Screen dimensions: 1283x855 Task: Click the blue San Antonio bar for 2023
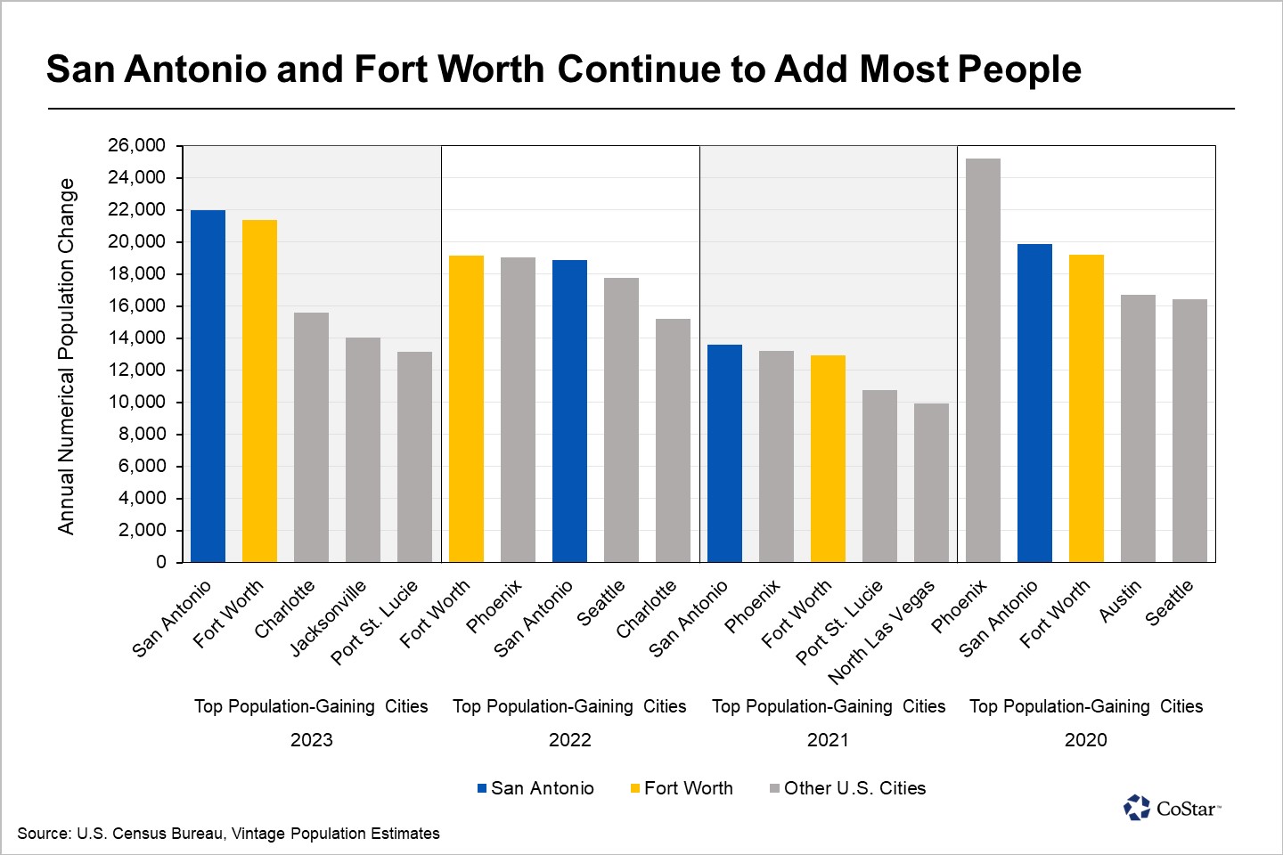click(208, 386)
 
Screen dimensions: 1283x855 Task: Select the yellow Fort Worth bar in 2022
click(466, 409)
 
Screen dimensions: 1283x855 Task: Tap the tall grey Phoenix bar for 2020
click(983, 360)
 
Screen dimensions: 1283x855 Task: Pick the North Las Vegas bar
click(931, 483)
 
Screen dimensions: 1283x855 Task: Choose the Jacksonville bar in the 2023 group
click(364, 450)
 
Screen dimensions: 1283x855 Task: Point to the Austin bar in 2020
click(1138, 428)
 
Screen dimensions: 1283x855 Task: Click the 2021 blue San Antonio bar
click(724, 453)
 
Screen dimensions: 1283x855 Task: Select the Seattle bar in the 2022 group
click(622, 420)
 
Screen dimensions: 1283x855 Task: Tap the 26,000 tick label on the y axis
click(136, 145)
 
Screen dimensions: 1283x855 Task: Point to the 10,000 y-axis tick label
click(136, 402)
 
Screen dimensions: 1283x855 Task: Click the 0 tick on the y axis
click(161, 562)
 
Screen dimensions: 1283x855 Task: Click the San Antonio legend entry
click(535, 788)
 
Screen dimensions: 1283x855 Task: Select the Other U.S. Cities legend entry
click(847, 788)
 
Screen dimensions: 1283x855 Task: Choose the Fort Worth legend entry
click(682, 788)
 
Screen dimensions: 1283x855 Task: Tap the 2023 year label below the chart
click(312, 740)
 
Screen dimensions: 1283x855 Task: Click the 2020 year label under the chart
click(1086, 740)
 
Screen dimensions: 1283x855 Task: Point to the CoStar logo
click(1172, 808)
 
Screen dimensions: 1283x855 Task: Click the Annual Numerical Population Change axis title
click(67, 356)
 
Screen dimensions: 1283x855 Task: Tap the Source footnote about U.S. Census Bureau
click(228, 834)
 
